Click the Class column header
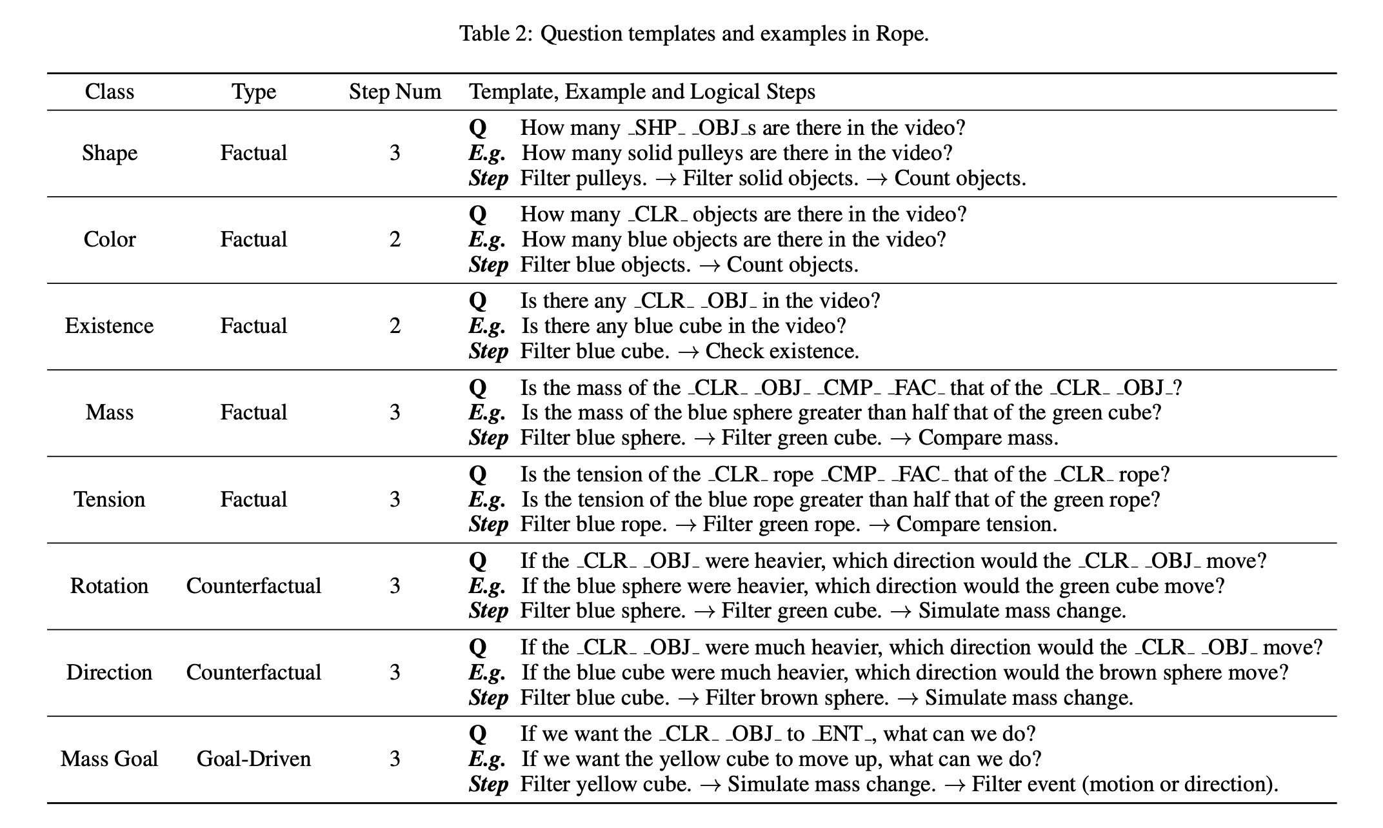110,92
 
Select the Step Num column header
395,92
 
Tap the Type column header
254,92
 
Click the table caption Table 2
694,33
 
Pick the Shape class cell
110,153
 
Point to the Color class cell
110,239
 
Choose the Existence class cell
110,326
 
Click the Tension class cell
110,500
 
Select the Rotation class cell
110,586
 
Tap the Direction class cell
110,672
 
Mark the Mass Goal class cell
110,759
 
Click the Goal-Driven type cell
254,759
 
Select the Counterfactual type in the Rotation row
254,586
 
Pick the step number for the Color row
395,240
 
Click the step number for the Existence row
395,327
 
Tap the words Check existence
782,351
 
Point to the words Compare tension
977,525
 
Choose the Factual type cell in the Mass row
254,412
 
